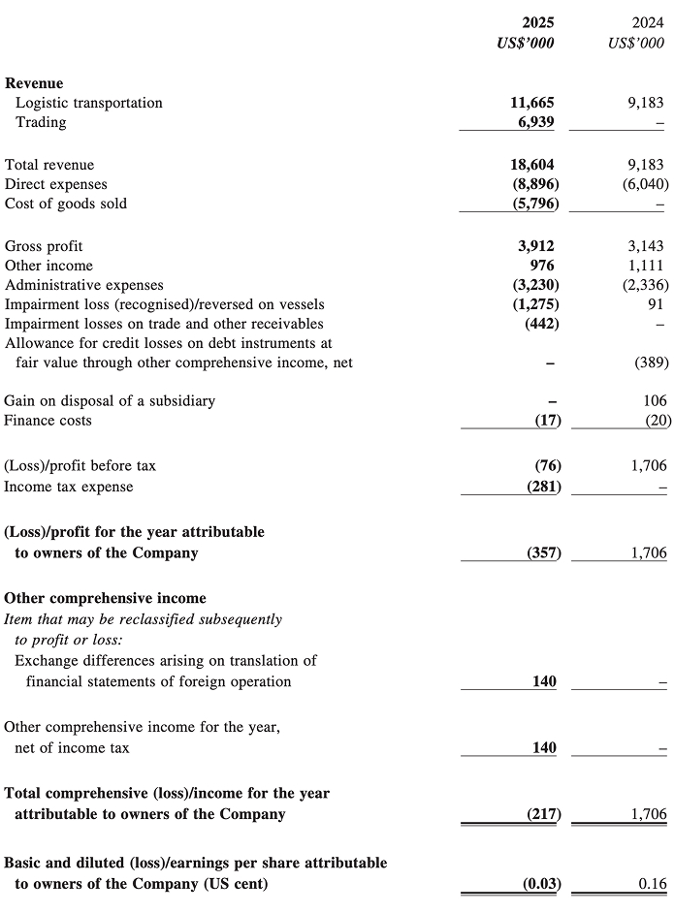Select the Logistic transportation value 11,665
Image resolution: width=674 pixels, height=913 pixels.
coord(532,103)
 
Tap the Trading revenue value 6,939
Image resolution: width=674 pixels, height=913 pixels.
coord(537,122)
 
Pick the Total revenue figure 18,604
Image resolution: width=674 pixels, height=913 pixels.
coord(532,165)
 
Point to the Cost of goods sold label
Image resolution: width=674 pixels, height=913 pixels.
coord(66,204)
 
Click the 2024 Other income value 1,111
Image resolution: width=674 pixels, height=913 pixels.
coord(646,266)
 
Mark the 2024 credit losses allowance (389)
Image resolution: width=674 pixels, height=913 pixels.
coord(649,362)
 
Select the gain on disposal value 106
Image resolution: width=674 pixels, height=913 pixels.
coord(654,400)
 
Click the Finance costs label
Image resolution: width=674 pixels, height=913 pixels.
coord(48,421)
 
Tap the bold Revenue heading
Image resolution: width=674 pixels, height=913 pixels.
coord(34,83)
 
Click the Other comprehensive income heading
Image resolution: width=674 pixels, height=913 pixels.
coord(105,598)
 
